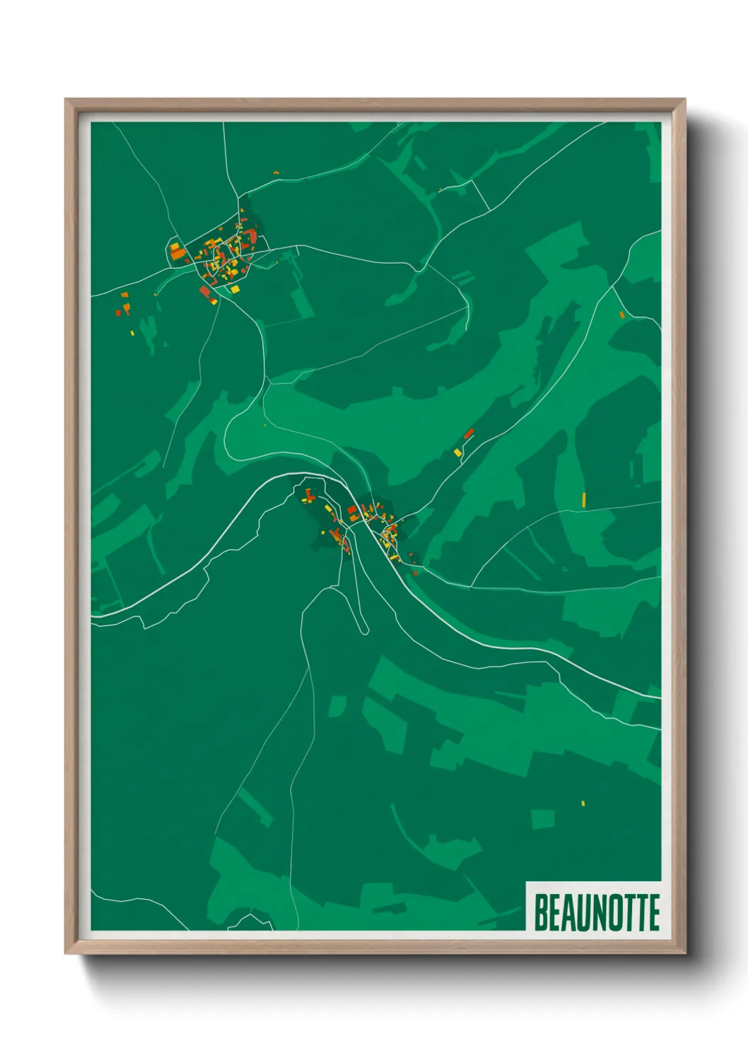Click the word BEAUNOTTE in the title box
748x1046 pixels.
tap(597, 912)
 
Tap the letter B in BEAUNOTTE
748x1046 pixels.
tap(541, 912)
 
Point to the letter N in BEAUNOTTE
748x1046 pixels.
tap(595, 912)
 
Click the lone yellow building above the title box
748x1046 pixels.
tap(583, 803)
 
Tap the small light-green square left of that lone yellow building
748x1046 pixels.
tap(542, 819)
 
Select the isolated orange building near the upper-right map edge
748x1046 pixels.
tap(621, 315)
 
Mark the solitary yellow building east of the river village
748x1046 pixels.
tap(583, 500)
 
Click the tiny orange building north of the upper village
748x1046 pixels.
tap(276, 172)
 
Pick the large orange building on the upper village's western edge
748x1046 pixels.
tap(176, 250)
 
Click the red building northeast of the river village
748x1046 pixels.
tap(468, 433)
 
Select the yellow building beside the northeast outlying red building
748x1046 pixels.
tap(457, 452)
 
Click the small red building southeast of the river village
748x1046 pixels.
tap(416, 572)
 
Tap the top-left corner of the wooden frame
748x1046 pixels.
tap(66, 100)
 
